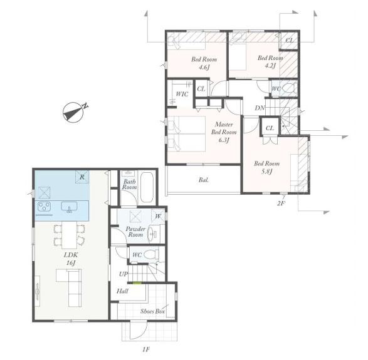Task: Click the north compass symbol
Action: point(73,112)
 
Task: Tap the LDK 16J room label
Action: point(71,259)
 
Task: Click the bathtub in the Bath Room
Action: point(147,187)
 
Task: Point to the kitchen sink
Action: point(69,207)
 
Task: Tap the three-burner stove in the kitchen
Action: point(45,207)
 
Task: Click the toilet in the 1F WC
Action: point(150,255)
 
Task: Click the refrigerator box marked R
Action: point(82,177)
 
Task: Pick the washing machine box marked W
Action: point(158,216)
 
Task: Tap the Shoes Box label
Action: point(152,311)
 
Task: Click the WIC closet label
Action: point(182,94)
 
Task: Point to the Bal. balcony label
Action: point(204,180)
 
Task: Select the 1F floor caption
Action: point(145,350)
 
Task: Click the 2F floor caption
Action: point(281,203)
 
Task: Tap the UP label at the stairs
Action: point(124,274)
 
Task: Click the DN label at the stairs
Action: point(260,108)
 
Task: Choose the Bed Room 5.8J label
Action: point(266,168)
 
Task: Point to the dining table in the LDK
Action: point(70,235)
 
